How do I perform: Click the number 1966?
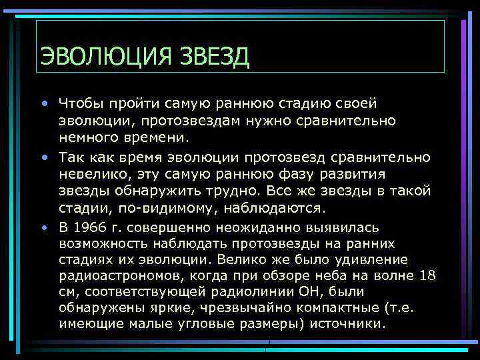pyautogui.click(x=87, y=227)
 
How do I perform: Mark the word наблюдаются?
pyautogui.click(x=281, y=209)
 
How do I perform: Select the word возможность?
pyautogui.click(x=101, y=244)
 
